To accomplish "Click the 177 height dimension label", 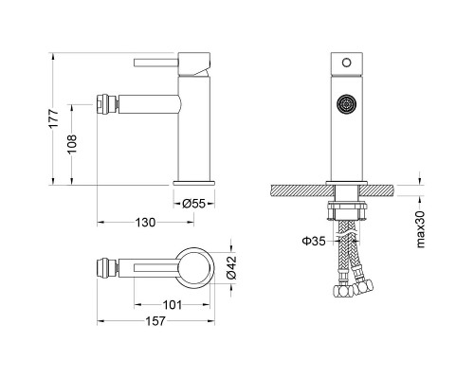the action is (x=54, y=117).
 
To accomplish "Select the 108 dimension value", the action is (x=72, y=144).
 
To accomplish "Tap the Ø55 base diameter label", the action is (x=193, y=204).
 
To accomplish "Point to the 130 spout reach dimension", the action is (x=145, y=223).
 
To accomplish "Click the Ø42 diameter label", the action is (x=231, y=267).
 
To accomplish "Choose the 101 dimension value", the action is (x=173, y=305).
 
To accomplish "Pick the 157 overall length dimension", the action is (x=155, y=321).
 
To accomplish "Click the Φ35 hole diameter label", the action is (x=314, y=242).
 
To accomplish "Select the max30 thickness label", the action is (x=420, y=229).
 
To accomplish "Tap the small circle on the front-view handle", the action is (x=347, y=63).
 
